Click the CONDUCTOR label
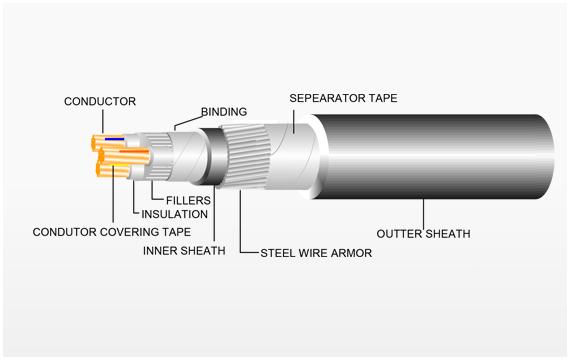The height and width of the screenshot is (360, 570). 100,101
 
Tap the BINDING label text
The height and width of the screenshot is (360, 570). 224,112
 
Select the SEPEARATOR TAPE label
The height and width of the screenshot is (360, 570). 343,98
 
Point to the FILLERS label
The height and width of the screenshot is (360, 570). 188,200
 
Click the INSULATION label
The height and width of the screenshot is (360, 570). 174,214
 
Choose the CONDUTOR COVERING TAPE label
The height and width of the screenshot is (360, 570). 112,232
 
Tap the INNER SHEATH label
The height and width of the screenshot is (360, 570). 184,251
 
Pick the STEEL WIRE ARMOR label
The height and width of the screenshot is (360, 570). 316,253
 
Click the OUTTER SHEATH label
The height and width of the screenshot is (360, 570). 424,234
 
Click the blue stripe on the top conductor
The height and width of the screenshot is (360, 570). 115,139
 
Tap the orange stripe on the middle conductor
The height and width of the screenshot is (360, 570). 134,151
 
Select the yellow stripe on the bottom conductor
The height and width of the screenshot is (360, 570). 121,165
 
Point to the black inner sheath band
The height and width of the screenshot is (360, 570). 213,157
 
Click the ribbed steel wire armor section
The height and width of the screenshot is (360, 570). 245,156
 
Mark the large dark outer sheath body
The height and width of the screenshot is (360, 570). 433,157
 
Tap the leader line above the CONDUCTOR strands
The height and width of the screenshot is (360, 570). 103,121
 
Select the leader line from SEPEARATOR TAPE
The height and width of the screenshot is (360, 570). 293,121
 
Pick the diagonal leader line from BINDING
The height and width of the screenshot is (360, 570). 188,122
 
